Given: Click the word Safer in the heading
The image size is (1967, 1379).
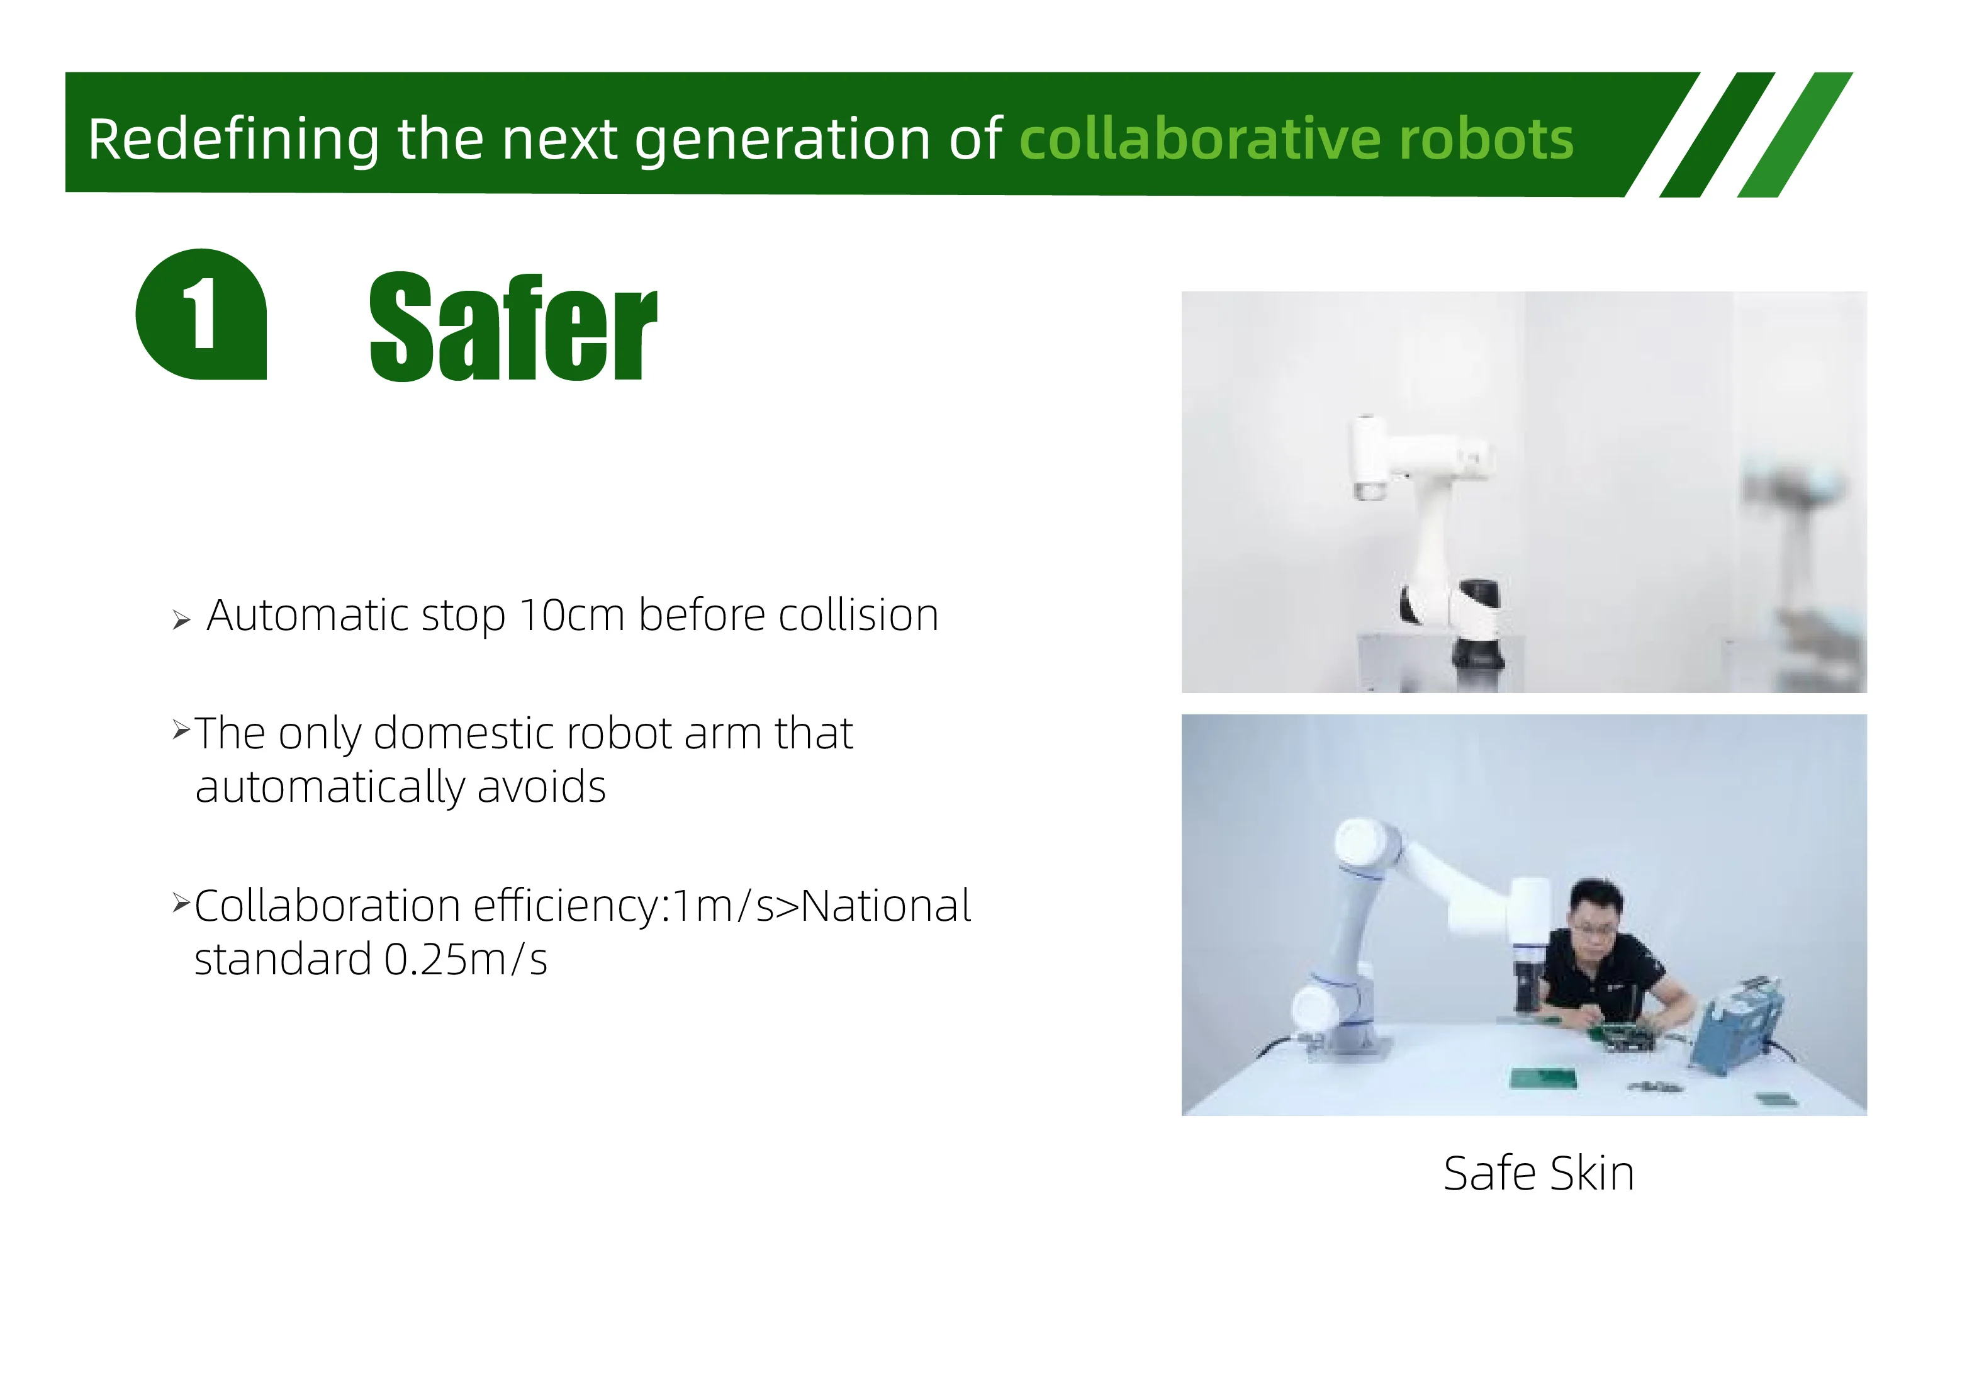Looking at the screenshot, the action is [512, 327].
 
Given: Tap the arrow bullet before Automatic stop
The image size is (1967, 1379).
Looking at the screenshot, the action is [181, 620].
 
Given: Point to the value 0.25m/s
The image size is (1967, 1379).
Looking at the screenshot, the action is [465, 959].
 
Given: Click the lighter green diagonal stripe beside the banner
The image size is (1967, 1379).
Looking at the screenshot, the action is [1795, 135].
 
